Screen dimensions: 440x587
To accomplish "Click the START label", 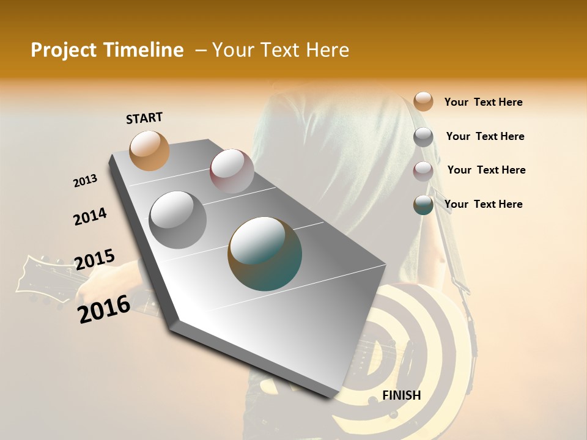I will pos(144,117).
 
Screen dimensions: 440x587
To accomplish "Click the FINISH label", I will pos(401,395).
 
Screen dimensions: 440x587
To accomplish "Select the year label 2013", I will pos(85,181).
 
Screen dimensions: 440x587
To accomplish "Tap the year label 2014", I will pos(90,217).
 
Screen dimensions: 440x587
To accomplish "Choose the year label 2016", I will pos(104,309).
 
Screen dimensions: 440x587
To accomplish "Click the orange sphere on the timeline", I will pos(149,150).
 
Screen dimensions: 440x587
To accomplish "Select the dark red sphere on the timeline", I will pos(232,170).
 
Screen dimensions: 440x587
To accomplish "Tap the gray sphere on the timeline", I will pos(177,219).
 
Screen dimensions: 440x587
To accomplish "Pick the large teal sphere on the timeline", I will pos(265,254).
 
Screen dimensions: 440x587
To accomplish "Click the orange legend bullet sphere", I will pos(423,101).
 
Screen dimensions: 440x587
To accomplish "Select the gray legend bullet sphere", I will pos(423,137).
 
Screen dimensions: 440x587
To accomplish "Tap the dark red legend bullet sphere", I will pos(423,171).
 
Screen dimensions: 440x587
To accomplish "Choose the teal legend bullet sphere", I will pos(423,205).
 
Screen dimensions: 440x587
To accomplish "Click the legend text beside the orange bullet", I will pos(483,102).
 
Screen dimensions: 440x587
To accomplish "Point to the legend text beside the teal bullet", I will pos(483,204).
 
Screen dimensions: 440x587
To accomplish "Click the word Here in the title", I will pos(327,50).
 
